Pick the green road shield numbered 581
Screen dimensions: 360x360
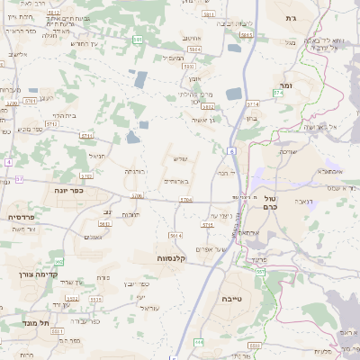coord(137,40)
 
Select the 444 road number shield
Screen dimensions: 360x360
coord(199,342)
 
